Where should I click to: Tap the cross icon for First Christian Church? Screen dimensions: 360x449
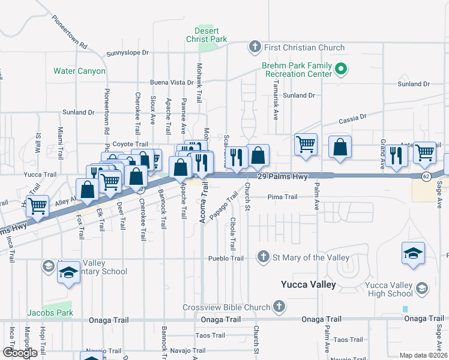pos(255,47)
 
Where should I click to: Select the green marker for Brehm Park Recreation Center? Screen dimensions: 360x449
pos(340,69)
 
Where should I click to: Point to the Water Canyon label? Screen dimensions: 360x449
pos(79,71)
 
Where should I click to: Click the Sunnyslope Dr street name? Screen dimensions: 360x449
pos(127,53)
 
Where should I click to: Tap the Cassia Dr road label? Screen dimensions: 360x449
pos(352,120)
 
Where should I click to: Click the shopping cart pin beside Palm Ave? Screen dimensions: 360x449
pos(306,144)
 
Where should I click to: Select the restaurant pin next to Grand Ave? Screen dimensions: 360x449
pos(396,154)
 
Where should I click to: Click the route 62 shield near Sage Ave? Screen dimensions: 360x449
pos(426,176)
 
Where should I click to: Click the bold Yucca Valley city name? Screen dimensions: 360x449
pos(309,284)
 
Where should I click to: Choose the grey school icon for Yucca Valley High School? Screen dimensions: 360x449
pos(421,289)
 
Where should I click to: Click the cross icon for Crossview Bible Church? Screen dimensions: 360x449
pos(278,307)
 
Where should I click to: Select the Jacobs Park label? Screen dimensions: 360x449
pos(50,313)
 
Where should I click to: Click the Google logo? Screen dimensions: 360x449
pos(20,353)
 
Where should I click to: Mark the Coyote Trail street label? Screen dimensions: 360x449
pos(130,144)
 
